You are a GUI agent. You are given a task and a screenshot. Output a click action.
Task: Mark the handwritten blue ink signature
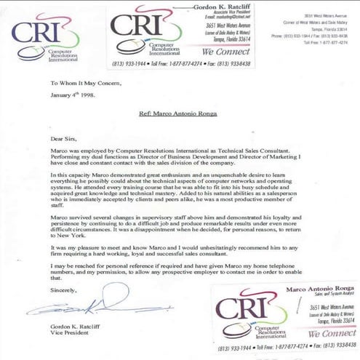pyautogui.click(x=80, y=306)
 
